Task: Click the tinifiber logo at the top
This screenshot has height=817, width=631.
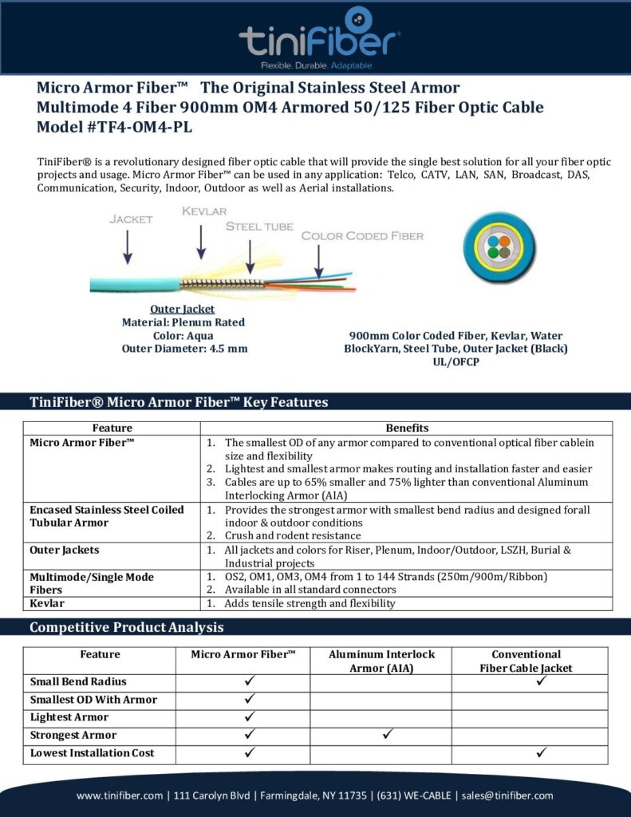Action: (x=319, y=37)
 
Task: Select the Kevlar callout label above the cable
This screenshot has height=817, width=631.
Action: (x=204, y=211)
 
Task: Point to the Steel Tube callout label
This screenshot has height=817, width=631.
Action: (x=259, y=226)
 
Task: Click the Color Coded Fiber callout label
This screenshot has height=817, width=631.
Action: (x=362, y=236)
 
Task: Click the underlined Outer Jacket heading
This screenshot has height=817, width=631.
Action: (x=183, y=309)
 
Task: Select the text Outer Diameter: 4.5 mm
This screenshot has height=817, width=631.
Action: (x=184, y=348)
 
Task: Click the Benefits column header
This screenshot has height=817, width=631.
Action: (x=407, y=428)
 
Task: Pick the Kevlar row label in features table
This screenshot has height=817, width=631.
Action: (x=47, y=603)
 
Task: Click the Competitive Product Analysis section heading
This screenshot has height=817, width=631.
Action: (x=127, y=627)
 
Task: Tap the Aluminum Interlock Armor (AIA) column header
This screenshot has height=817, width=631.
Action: (x=381, y=661)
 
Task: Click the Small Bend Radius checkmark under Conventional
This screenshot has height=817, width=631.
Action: (x=541, y=681)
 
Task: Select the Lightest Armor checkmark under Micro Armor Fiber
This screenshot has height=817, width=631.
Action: (x=249, y=716)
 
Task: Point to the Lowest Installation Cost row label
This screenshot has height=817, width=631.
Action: (x=93, y=752)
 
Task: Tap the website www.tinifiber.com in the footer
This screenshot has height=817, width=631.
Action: (x=121, y=795)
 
